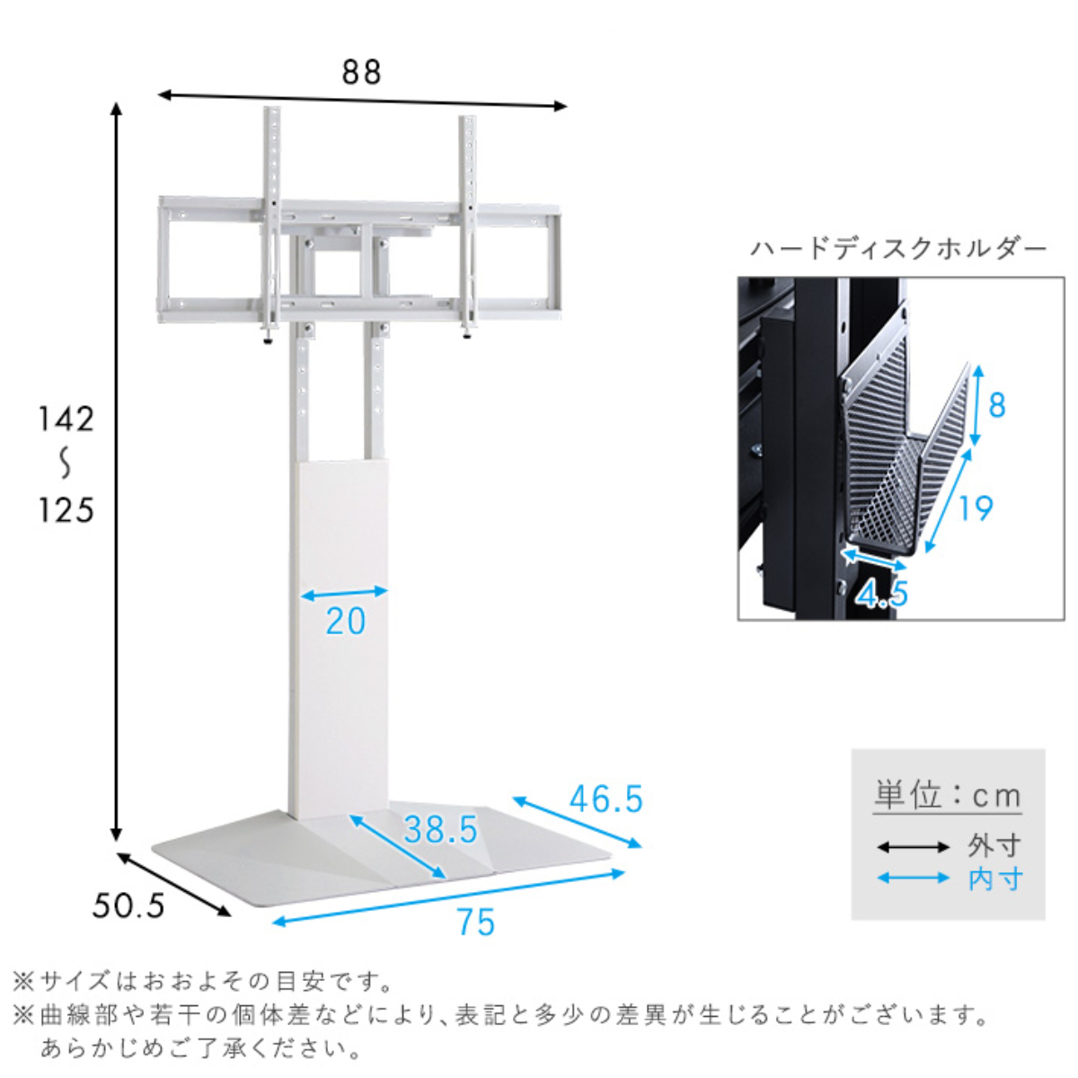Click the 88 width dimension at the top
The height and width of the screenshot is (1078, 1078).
pyautogui.click(x=361, y=72)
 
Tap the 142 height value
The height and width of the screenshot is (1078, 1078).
pyautogui.click(x=66, y=419)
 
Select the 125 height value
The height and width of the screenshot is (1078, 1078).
pyautogui.click(x=66, y=510)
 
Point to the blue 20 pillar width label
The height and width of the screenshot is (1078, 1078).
pyautogui.click(x=346, y=622)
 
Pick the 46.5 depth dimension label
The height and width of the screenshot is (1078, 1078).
pyautogui.click(x=606, y=799)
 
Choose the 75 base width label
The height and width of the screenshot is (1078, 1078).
pyautogui.click(x=475, y=923)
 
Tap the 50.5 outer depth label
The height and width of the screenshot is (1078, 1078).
pyautogui.click(x=128, y=906)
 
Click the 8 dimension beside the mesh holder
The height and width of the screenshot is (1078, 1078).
pyautogui.click(x=996, y=405)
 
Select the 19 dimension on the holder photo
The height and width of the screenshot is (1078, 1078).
pyautogui.click(x=975, y=508)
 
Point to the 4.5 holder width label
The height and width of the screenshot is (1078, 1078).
pyautogui.click(x=881, y=594)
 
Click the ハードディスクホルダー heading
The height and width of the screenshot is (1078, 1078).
pyautogui.click(x=898, y=249)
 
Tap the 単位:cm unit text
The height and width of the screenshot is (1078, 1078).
pyautogui.click(x=948, y=796)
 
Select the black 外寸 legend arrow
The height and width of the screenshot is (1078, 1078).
pyautogui.click(x=913, y=846)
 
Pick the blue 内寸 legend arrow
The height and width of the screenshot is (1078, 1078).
pyautogui.click(x=913, y=878)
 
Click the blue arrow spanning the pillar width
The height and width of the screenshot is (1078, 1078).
pyautogui.click(x=343, y=594)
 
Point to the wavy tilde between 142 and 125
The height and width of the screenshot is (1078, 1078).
pyautogui.click(x=66, y=464)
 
